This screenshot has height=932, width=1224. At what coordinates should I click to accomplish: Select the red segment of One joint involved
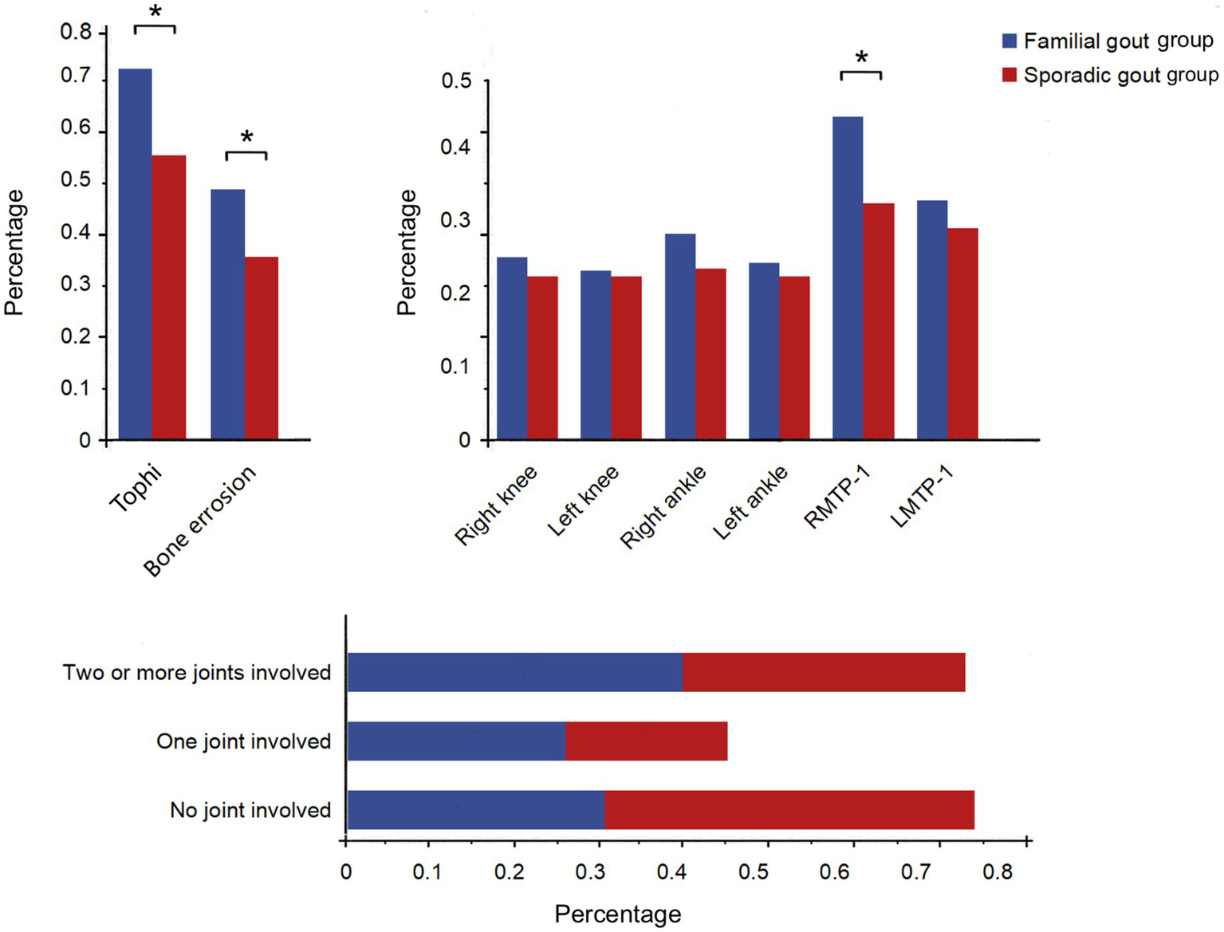646,741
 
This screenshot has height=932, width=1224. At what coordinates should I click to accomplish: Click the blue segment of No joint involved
476,810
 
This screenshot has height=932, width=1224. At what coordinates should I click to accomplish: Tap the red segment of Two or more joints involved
824,672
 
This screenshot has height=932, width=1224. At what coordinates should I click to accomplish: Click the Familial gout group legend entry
1108,41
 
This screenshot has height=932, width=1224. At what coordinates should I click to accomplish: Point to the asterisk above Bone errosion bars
246,138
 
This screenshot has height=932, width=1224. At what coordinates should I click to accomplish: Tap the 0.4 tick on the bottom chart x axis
671,871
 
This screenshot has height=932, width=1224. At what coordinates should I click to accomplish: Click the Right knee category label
496,505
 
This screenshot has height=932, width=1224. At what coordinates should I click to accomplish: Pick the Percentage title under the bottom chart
618,914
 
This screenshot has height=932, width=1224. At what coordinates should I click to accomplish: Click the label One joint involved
243,741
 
